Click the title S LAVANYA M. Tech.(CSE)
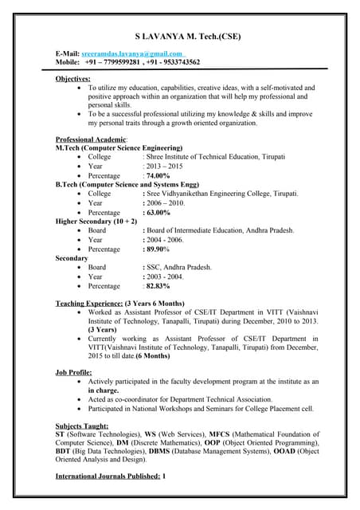(188, 37)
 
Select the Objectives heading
(72, 79)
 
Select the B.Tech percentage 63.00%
(158, 213)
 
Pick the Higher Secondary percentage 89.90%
(158, 249)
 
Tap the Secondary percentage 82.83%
(158, 286)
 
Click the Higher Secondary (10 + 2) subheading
(96, 222)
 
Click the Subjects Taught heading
(80, 424)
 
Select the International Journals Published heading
(108, 476)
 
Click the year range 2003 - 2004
(164, 277)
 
